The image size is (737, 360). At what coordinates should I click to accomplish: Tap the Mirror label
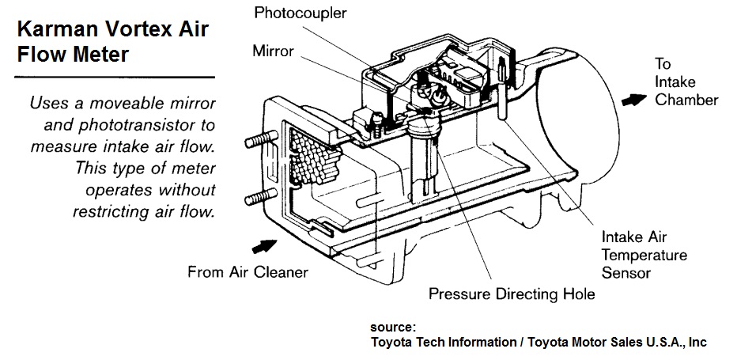[x=273, y=51]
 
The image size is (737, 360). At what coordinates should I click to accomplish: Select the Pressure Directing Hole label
[x=512, y=294]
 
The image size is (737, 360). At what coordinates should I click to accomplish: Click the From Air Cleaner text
[x=248, y=273]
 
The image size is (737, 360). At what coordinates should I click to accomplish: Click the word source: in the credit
[x=393, y=327]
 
